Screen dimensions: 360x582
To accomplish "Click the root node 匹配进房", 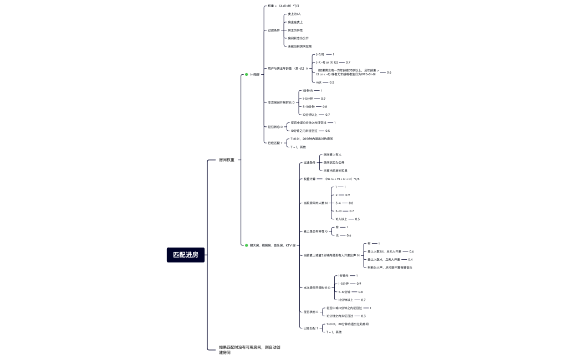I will pyautogui.click(x=186, y=255).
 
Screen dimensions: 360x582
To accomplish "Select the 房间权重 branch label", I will pyautogui.click(x=227, y=160).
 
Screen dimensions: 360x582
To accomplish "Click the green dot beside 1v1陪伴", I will pyautogui.click(x=247, y=74).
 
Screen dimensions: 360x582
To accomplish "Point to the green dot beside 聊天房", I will pyautogui.click(x=247, y=245).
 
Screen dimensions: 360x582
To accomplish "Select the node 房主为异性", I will pyautogui.click(x=295, y=30).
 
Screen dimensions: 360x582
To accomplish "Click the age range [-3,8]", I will pyautogui.click(x=320, y=54).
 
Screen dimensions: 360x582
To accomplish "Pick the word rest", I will pyautogui.click(x=319, y=82).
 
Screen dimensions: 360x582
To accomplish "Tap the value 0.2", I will pyautogui.click(x=331, y=82).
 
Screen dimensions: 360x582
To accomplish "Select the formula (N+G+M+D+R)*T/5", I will pyautogui.click(x=342, y=179).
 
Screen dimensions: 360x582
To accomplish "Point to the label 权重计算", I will pyautogui.click(x=309, y=179).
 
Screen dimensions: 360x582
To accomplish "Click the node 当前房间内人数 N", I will pyautogui.click(x=316, y=203).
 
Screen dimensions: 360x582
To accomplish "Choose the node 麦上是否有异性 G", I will pyautogui.click(x=316, y=231).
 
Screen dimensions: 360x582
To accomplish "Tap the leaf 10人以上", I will pyautogui.click(x=343, y=219).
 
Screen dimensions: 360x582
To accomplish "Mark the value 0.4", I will pyautogui.click(x=410, y=259).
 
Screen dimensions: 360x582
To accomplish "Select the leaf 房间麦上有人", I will pyautogui.click(x=333, y=155).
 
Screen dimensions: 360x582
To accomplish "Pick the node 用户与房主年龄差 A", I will pyautogui.click(x=288, y=68).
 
